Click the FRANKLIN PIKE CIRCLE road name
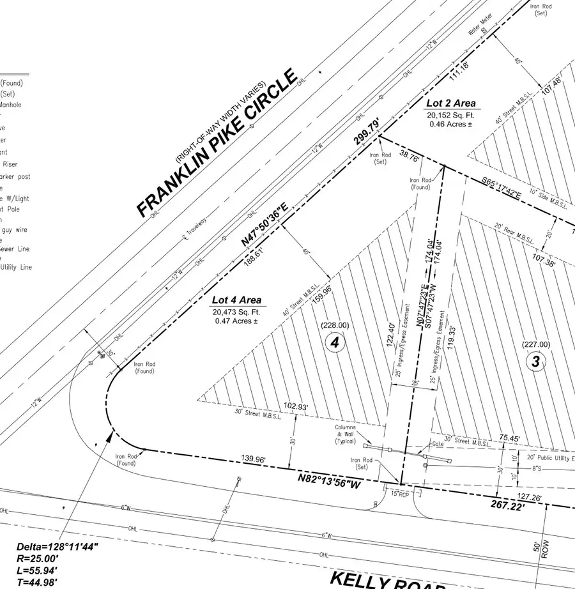pyautogui.click(x=217, y=144)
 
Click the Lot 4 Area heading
pyautogui.click(x=236, y=300)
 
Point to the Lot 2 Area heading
pyautogui.click(x=450, y=103)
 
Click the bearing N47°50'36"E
pyautogui.click(x=264, y=224)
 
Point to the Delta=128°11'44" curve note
pyautogui.click(x=57, y=547)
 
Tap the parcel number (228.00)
pyautogui.click(x=335, y=325)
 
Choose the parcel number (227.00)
pyautogui.click(x=535, y=344)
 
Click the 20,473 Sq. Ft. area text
pyautogui.click(x=236, y=310)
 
